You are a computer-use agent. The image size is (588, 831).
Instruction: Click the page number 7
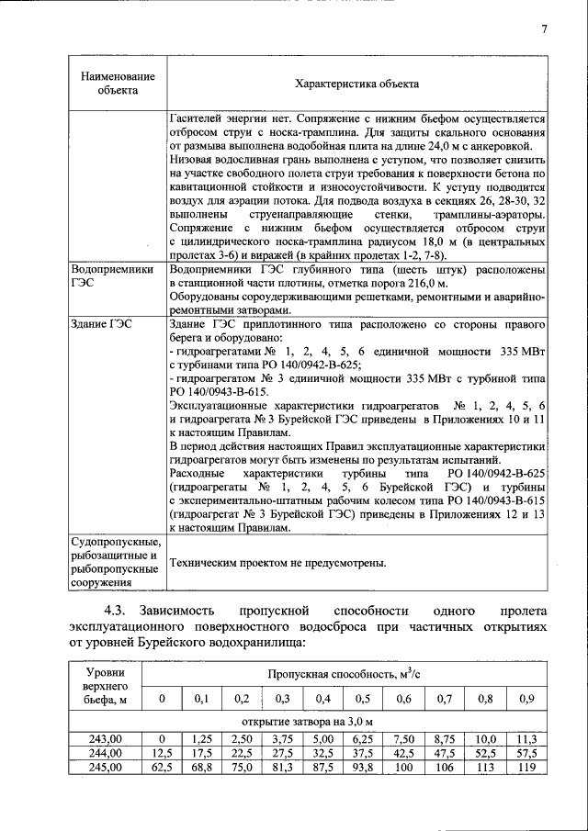(544, 29)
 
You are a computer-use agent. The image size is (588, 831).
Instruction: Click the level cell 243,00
(105, 738)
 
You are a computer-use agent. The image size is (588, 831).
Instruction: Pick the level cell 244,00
(105, 753)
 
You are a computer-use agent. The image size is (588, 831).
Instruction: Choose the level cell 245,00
(105, 768)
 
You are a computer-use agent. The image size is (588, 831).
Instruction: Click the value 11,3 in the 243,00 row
(526, 738)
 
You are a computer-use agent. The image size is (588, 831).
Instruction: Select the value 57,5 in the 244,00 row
(526, 753)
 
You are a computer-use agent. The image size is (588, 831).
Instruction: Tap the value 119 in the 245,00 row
(526, 768)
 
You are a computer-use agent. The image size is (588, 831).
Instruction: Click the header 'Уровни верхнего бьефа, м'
(105, 687)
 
